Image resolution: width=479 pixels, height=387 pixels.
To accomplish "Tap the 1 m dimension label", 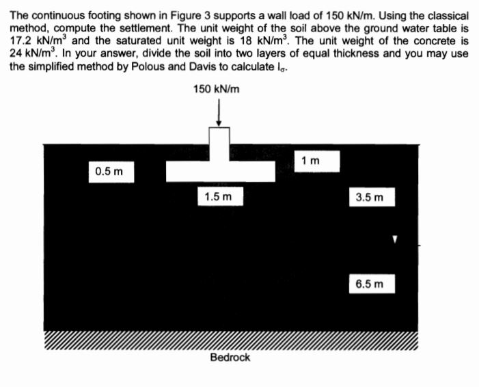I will click(310, 161).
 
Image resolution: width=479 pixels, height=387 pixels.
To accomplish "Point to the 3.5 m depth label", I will click(370, 198).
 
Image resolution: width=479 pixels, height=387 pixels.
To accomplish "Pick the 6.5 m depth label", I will click(370, 282).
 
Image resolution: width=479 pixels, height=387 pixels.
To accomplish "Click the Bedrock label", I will click(230, 357).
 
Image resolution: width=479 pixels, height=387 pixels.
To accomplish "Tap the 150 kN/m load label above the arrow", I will click(217, 90).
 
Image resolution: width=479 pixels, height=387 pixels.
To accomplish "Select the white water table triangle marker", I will click(395, 240).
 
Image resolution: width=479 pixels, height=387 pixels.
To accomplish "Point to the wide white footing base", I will click(220, 171).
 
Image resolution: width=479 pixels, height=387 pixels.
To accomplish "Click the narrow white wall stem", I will click(219, 144).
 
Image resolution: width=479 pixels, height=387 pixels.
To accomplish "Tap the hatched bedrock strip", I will click(230, 341).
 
